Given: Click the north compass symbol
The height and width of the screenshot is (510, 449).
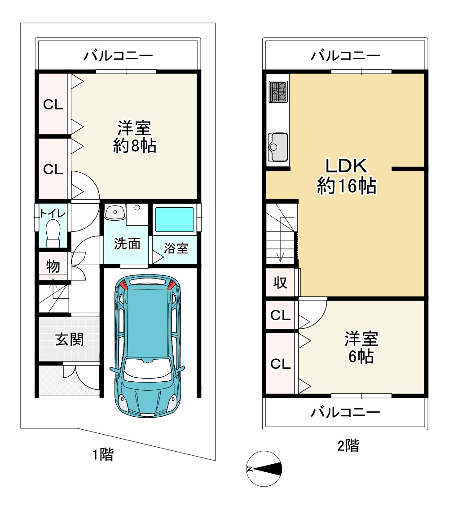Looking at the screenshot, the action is pos(264,469).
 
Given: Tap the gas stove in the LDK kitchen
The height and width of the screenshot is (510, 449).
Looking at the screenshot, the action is pos(278,92).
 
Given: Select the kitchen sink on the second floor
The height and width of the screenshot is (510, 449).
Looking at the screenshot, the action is pos(278,147).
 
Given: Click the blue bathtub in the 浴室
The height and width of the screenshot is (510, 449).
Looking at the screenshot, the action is pos(174,219).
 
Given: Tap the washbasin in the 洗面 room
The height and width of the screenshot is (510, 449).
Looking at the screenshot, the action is pos(115,212).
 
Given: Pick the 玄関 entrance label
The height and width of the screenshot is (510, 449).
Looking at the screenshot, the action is pos(69,339).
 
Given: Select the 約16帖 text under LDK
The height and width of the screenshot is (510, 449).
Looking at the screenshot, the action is pos(347,186).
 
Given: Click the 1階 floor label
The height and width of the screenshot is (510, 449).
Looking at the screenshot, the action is pos(103,454).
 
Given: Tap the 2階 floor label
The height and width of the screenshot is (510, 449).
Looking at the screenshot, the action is pos(348,445).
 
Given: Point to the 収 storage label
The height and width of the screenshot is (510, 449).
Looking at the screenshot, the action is pos(280,282).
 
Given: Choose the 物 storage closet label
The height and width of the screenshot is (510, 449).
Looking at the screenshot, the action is pos(53,266).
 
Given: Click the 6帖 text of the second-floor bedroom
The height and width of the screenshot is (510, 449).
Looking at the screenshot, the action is pos(361,357).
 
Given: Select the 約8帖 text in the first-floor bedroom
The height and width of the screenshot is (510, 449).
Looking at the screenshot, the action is pos(134,145).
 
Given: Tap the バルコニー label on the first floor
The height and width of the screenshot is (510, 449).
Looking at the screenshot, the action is pos(118,56).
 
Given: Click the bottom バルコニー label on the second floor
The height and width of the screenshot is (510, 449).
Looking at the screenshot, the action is pos(345,412).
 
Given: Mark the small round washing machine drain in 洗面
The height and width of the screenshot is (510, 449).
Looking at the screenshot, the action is pos(137,208).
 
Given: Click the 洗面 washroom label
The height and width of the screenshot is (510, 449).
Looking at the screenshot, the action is pos(128,244).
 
